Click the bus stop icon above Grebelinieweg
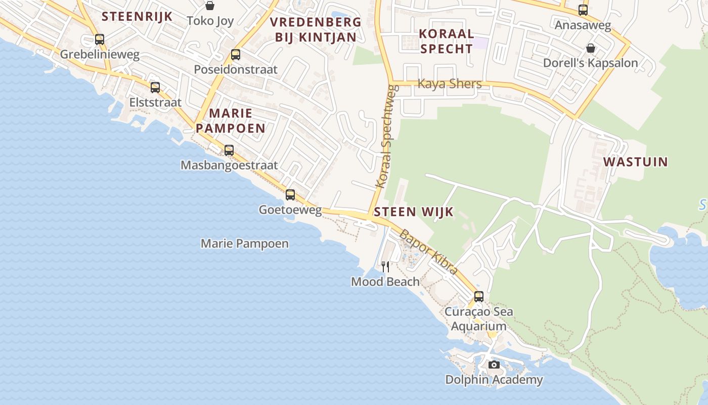[x=100, y=39]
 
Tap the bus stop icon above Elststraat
[x=155, y=87]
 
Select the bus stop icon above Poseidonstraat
[x=236, y=55]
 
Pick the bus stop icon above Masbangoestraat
[x=229, y=150]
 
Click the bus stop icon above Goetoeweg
[x=290, y=194]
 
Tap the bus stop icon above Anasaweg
[x=583, y=10]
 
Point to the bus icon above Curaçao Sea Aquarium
[x=478, y=296]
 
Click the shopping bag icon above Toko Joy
[x=209, y=6]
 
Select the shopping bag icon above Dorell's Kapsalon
[x=590, y=48]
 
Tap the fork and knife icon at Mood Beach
[x=385, y=266]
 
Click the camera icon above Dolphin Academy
[x=494, y=364]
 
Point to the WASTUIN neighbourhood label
[x=636, y=162]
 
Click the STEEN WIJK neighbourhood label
[x=414, y=212]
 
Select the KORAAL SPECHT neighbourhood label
[x=447, y=41]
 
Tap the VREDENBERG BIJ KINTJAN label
[x=316, y=29]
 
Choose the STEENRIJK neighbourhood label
[x=137, y=16]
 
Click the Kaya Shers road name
[x=450, y=84]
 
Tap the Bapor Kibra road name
[x=428, y=252]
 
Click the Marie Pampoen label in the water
[x=245, y=244]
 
